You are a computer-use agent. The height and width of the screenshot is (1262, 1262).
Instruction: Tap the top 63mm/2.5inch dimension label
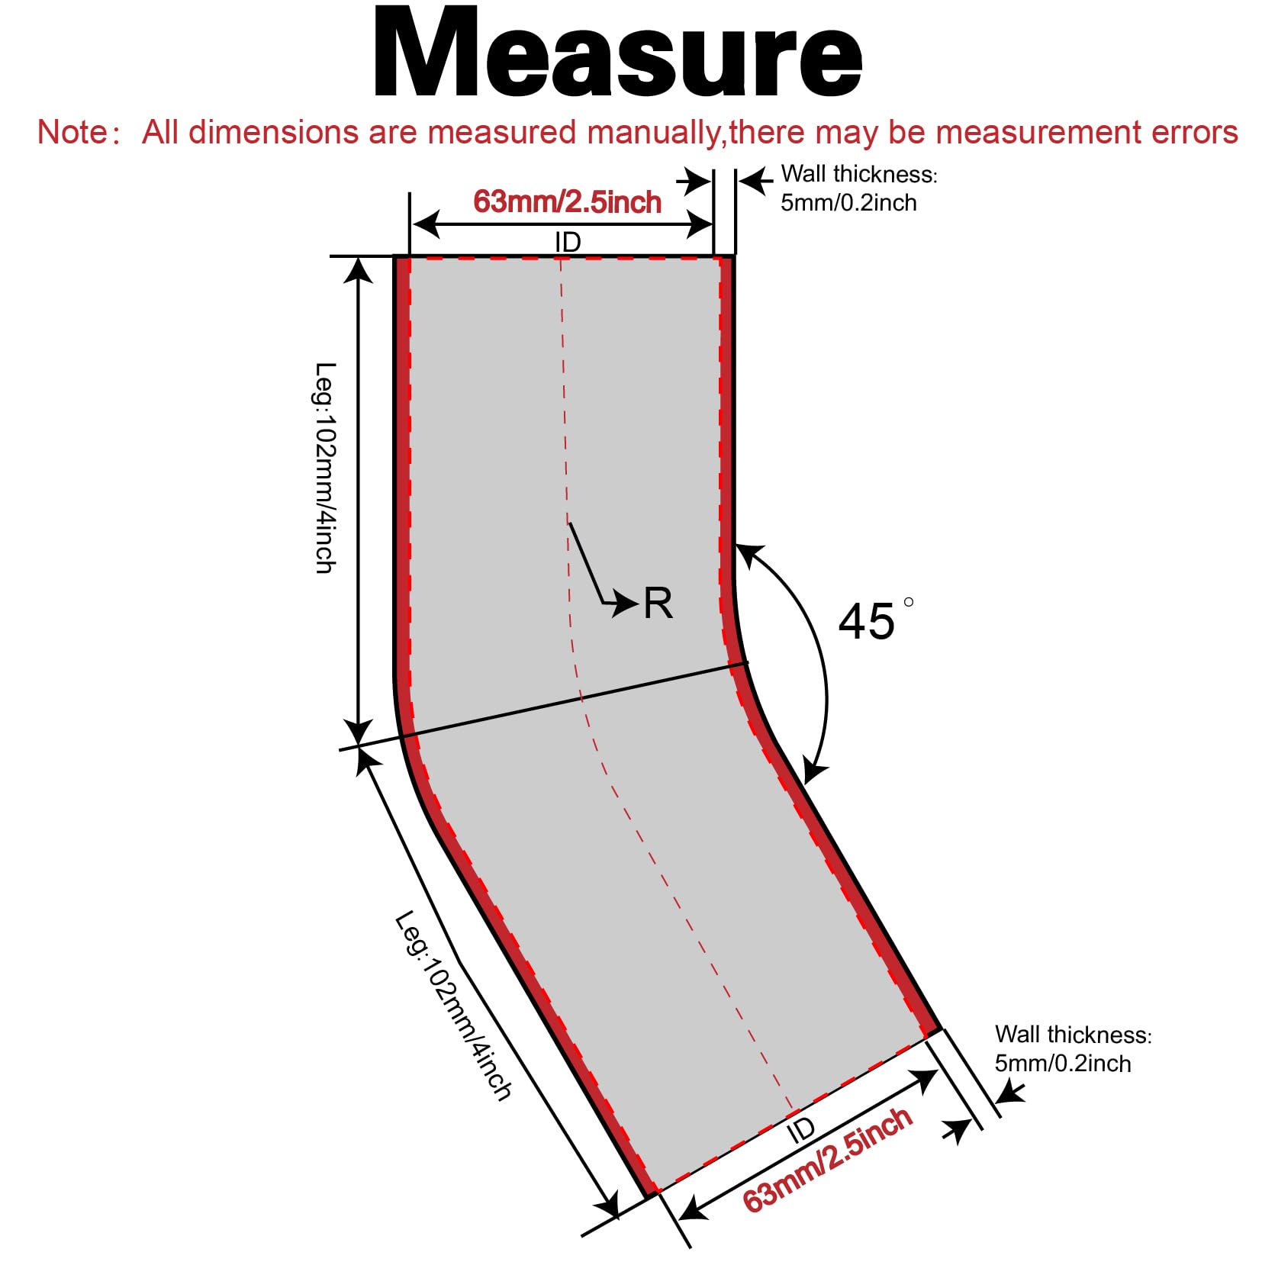click(x=567, y=202)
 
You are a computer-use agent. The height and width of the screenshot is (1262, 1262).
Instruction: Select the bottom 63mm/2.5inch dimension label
click(x=827, y=1158)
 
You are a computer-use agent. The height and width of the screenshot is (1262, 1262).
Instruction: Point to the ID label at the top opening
click(x=568, y=242)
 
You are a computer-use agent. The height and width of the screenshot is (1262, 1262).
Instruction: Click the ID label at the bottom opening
click(x=800, y=1130)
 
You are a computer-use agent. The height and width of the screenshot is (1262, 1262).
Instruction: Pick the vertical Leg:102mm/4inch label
click(x=326, y=467)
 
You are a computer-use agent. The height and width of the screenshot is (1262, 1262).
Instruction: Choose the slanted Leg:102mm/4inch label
click(x=453, y=1004)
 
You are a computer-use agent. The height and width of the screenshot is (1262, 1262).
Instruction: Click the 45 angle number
click(x=866, y=621)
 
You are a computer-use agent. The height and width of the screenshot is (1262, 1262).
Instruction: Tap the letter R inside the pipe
click(x=658, y=604)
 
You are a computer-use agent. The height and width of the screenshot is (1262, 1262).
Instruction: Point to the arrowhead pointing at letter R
click(x=627, y=604)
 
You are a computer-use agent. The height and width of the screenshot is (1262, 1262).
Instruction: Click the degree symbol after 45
click(x=908, y=602)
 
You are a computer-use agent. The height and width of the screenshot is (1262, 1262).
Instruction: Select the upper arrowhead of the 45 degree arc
click(x=749, y=555)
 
